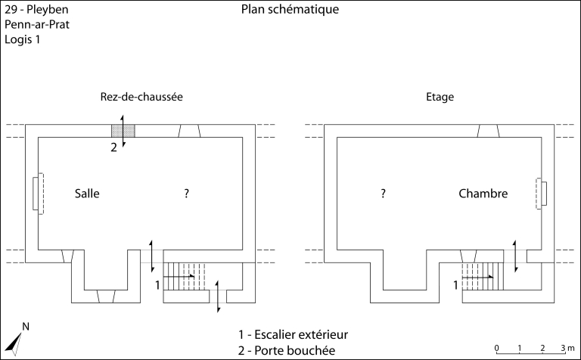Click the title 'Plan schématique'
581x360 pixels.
coord(290,10)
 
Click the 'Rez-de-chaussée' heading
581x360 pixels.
coord(141,98)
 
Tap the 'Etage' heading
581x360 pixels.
coord(440,98)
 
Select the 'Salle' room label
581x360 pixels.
coord(87,194)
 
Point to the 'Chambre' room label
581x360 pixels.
coord(483,194)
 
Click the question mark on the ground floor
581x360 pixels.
coord(186,194)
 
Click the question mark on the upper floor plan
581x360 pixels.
coord(384,194)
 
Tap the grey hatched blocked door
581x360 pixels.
coord(123,131)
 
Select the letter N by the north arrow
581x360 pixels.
coord(26,327)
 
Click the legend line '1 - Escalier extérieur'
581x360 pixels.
coord(292,334)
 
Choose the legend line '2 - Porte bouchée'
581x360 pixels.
coord(285,350)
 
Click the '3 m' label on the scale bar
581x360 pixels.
coord(567,348)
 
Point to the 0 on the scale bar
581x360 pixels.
coord(496,348)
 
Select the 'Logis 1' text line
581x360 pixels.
coord(22,39)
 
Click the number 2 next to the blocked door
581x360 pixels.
coord(114,147)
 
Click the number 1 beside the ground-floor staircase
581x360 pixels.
coord(157,285)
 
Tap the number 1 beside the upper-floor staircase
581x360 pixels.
coord(455,285)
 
